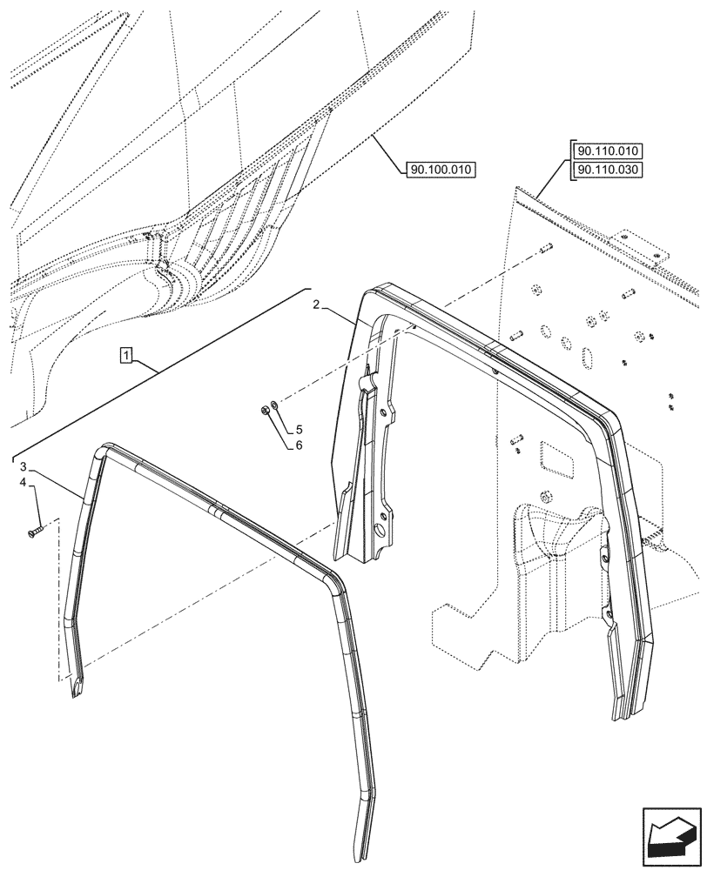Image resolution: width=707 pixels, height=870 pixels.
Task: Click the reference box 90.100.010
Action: (x=440, y=170)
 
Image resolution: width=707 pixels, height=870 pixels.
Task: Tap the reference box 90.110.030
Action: (x=607, y=170)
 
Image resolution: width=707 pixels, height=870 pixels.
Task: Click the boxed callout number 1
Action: (x=127, y=354)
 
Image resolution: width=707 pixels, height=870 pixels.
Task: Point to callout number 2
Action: (x=316, y=305)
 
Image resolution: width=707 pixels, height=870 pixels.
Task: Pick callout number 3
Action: (x=24, y=466)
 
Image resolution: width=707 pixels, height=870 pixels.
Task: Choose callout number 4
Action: (x=24, y=482)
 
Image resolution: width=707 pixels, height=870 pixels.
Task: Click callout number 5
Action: (x=299, y=430)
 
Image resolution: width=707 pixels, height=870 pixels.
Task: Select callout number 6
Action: (x=299, y=445)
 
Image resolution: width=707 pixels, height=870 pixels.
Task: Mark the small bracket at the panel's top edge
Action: (x=643, y=246)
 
